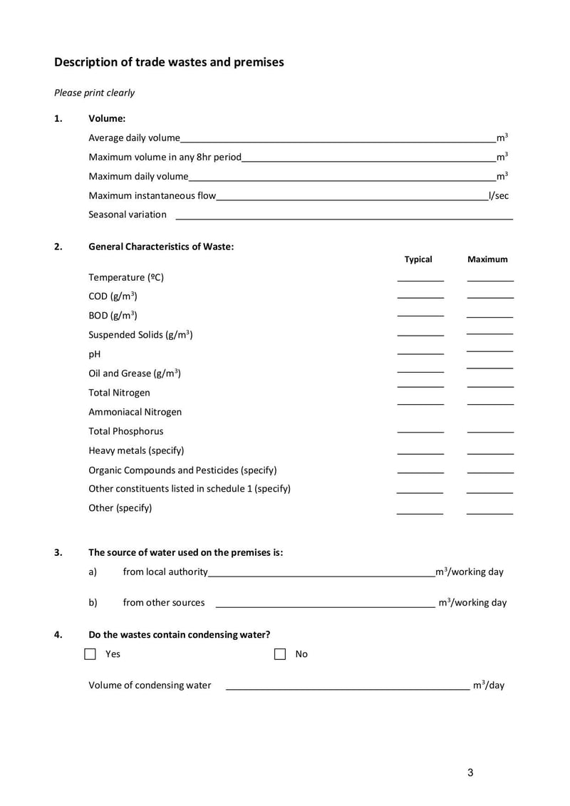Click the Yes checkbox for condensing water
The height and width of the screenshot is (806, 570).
90,654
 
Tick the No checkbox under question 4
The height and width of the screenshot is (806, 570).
280,654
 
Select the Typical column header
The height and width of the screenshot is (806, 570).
418,259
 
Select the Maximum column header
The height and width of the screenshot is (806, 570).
487,259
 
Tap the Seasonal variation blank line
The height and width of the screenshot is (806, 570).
344,216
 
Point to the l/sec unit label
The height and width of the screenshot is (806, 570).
499,195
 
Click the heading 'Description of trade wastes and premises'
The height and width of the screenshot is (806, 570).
169,62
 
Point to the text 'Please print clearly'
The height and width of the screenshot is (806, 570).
94,93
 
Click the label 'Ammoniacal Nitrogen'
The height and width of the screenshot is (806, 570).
135,412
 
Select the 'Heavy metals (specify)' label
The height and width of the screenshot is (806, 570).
136,450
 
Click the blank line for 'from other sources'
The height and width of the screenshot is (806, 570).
325,604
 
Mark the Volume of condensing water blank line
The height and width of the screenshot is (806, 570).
347,687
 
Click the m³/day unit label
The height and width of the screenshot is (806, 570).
488,686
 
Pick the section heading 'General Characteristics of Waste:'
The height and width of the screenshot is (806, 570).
161,247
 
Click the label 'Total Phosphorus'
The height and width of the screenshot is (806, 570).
125,431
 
